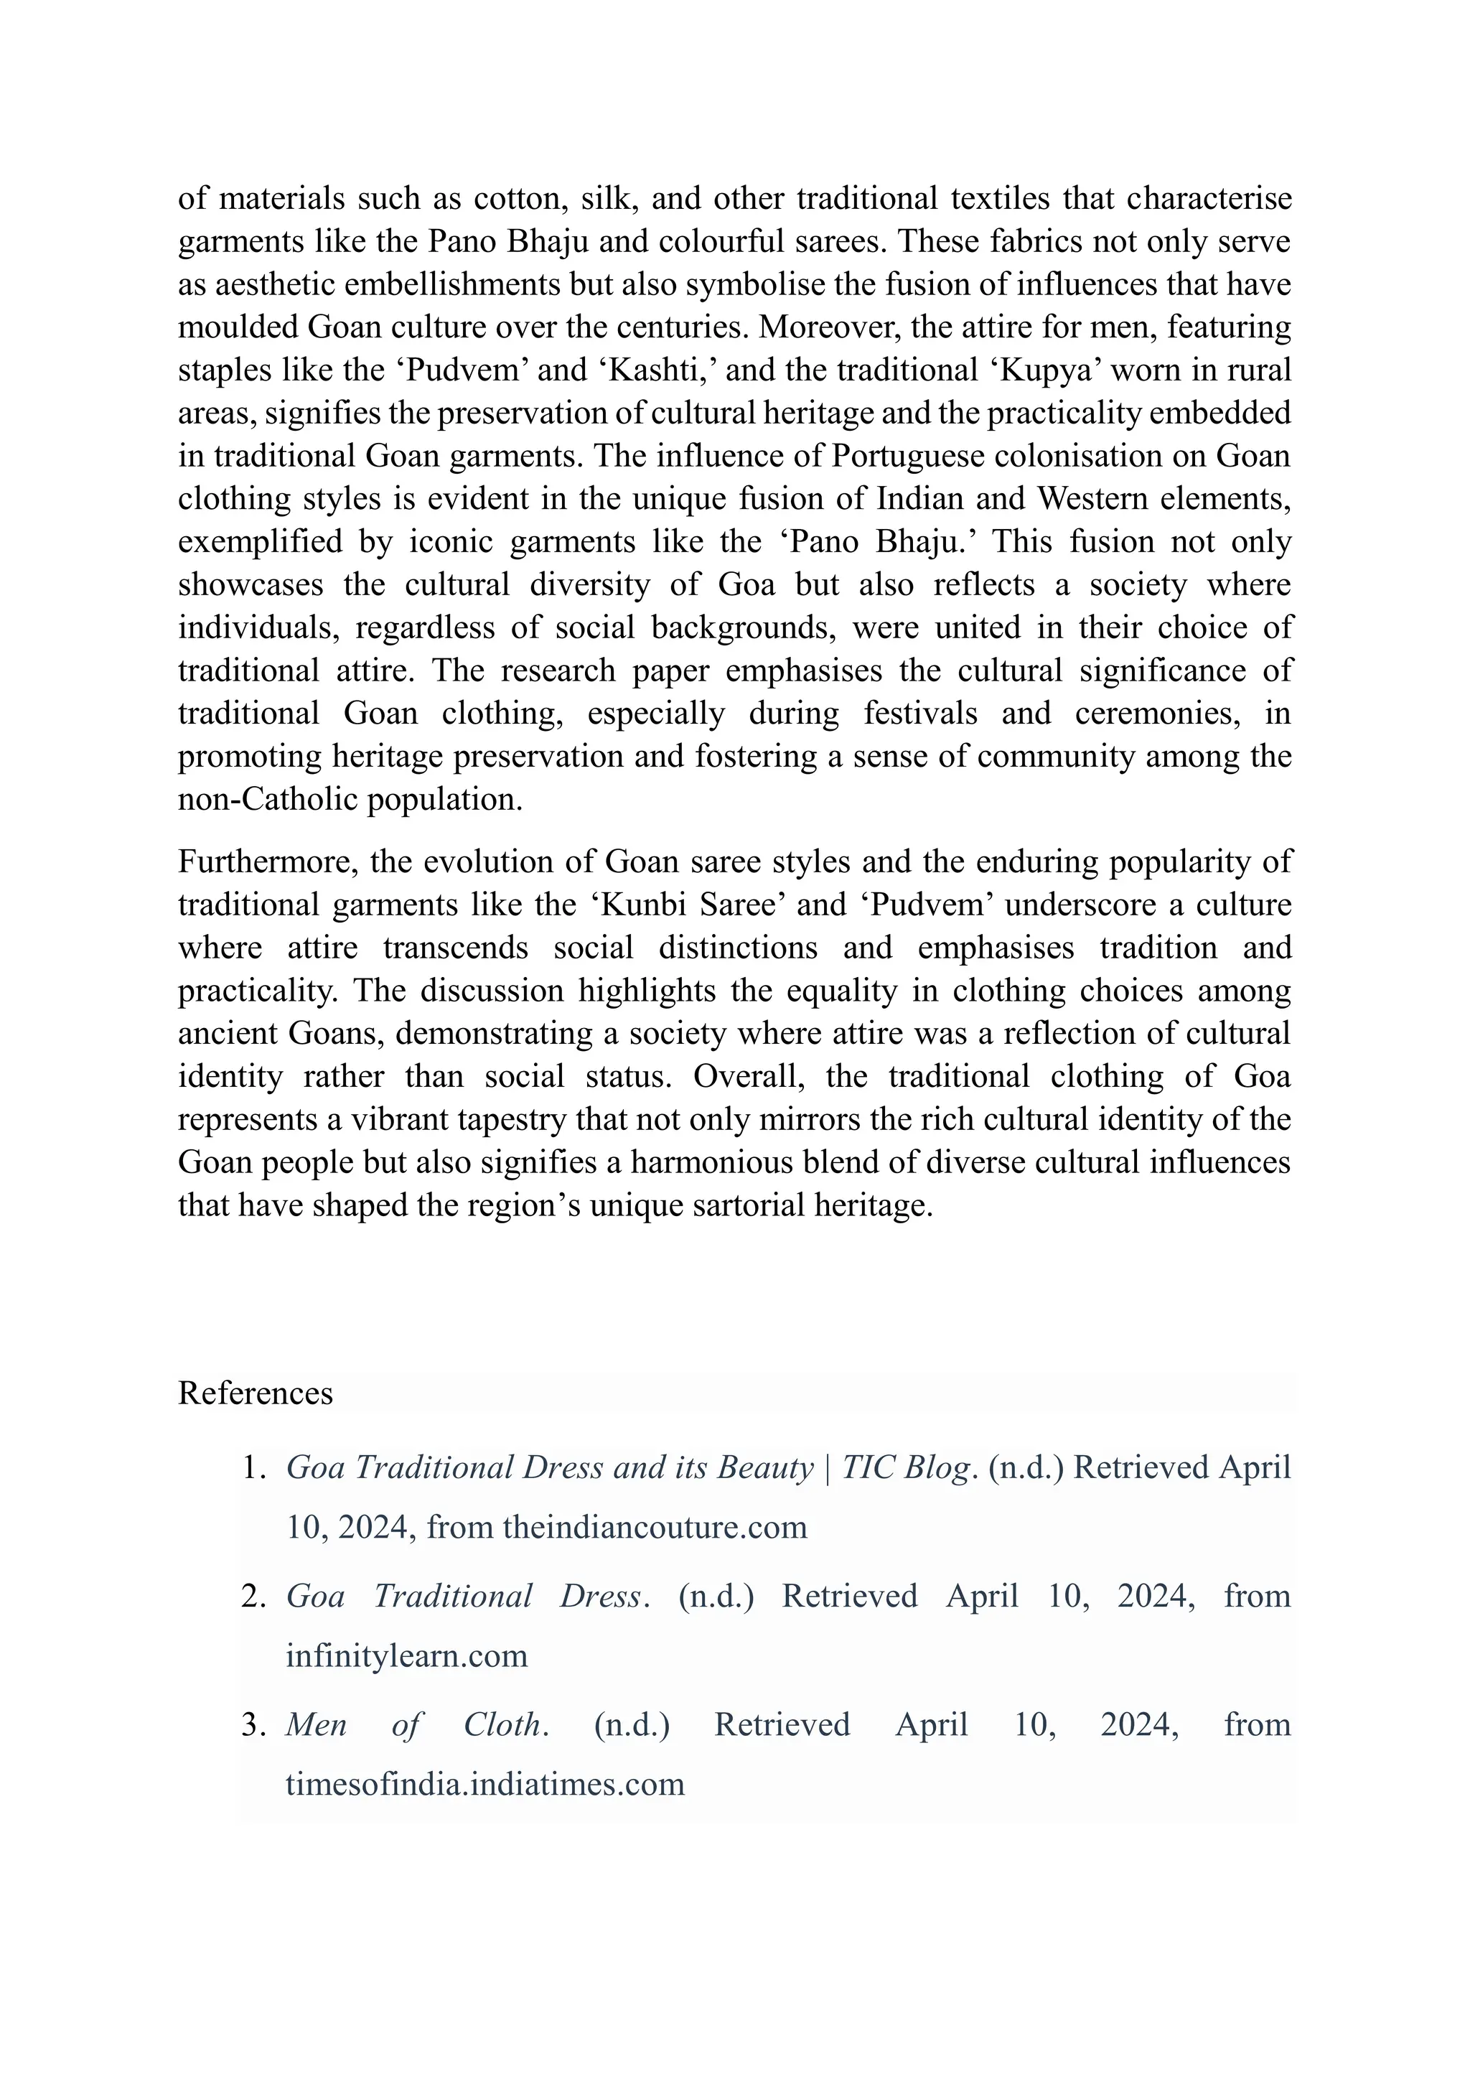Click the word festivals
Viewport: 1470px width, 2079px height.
(x=919, y=714)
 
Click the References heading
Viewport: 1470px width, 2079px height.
(x=256, y=1393)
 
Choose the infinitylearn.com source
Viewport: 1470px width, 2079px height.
(x=406, y=1656)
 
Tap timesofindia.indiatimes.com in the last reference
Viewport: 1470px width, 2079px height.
(x=485, y=1785)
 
